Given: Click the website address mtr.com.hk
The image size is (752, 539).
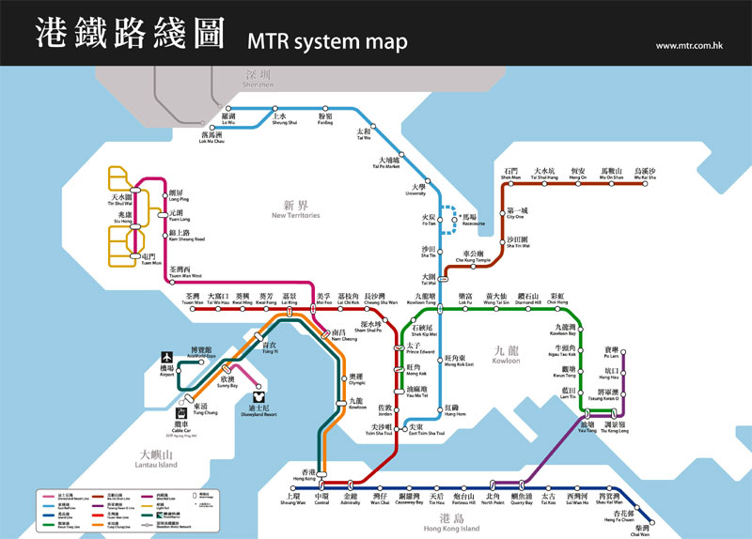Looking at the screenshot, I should coord(688,45).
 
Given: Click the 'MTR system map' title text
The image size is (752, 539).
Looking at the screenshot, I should coord(327,42).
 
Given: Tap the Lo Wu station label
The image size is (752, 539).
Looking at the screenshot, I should coord(228,119).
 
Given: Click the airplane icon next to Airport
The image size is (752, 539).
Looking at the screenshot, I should coord(166,357).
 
